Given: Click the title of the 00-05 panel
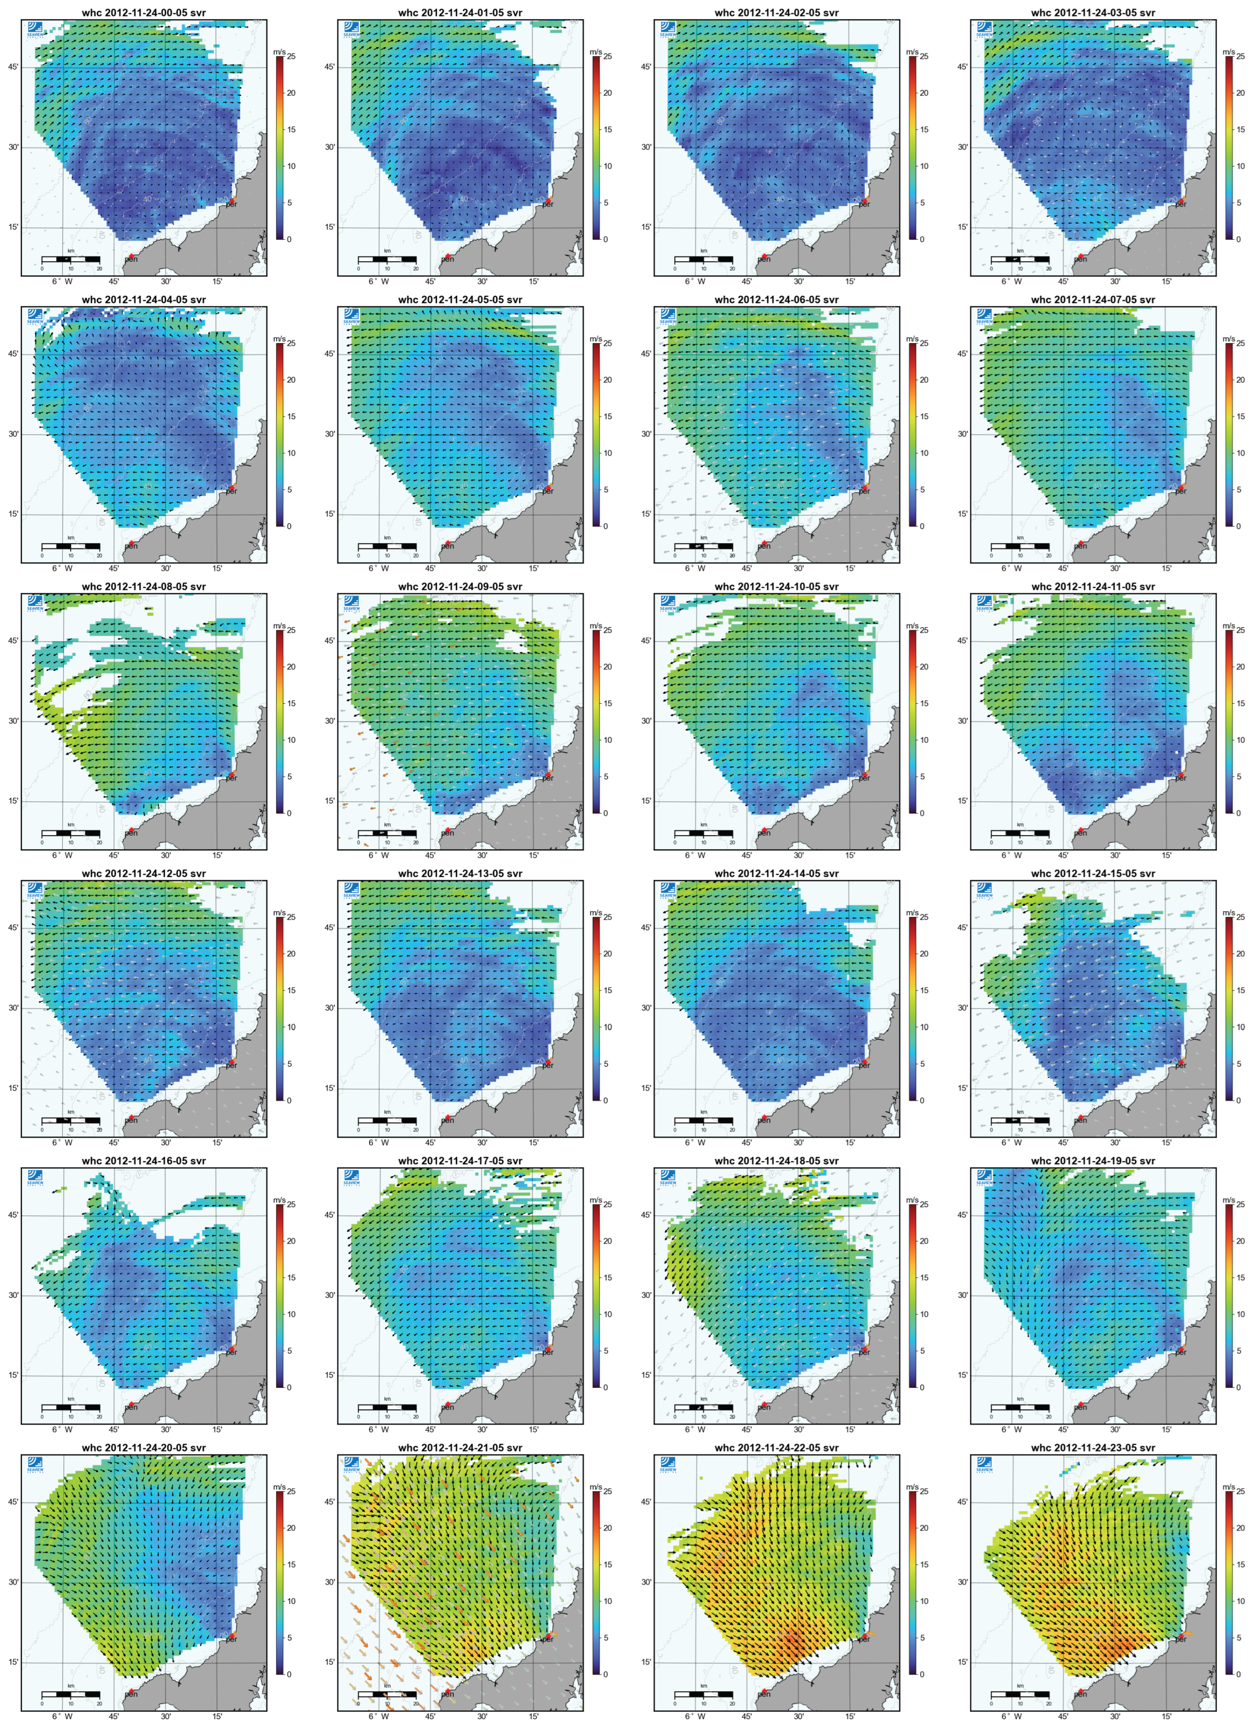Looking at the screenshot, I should (x=144, y=13).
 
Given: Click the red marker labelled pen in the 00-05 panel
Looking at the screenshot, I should (x=130, y=255).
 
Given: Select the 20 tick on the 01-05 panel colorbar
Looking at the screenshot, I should (x=607, y=93).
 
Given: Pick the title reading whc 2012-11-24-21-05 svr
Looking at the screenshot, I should (x=460, y=1448).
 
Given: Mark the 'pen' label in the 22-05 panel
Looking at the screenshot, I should (x=764, y=1694).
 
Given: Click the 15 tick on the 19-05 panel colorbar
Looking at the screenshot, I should (x=1240, y=1277).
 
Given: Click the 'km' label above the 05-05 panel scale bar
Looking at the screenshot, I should (x=387, y=538).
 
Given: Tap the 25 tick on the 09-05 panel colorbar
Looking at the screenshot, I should (x=607, y=631).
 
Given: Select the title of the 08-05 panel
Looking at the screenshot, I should (x=144, y=587).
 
